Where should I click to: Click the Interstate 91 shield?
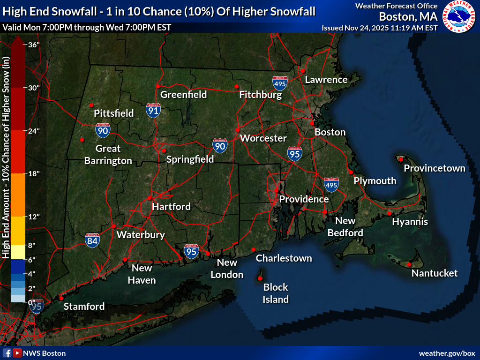(153, 110)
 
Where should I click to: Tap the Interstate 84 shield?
(92, 240)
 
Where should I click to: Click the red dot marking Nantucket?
(409, 264)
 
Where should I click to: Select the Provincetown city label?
(435, 168)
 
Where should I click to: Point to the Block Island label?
(276, 293)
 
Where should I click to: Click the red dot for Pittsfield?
(91, 105)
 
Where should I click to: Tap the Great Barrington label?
(108, 155)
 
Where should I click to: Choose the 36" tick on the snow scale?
(33, 45)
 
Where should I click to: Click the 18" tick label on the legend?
(33, 174)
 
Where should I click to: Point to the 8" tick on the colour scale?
(31, 245)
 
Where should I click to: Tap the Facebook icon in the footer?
(7, 353)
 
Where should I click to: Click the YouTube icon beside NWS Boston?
(17, 353)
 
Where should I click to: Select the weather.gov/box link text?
(447, 353)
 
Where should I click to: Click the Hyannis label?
(410, 222)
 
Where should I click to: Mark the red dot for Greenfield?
(158, 86)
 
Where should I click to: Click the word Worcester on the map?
(263, 138)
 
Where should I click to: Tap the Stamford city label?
(84, 307)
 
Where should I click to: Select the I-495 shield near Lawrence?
(280, 83)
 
